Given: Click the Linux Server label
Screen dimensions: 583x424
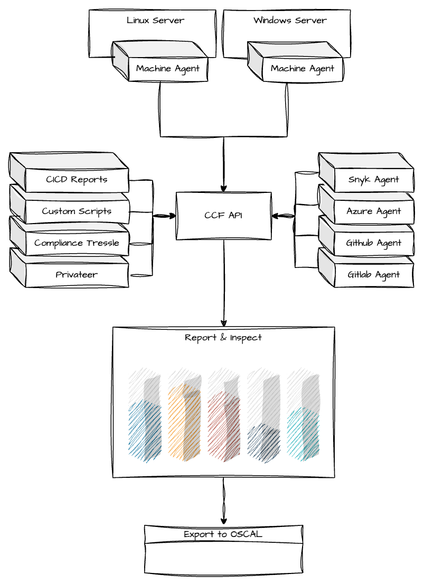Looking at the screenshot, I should [155, 21].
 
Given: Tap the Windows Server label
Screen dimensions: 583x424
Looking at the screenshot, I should [290, 21].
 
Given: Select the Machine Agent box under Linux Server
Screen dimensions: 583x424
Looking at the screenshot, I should [167, 68].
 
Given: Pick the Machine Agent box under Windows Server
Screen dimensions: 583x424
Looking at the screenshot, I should [302, 68].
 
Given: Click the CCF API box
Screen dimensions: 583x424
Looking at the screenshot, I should [223, 215].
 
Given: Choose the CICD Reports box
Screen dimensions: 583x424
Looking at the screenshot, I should [77, 179].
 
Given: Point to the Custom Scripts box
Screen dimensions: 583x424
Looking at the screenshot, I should [77, 211].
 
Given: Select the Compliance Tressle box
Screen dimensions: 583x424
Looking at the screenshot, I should [77, 243].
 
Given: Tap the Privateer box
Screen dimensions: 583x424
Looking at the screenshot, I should [77, 274].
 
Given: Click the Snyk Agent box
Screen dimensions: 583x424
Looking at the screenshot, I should [373, 179].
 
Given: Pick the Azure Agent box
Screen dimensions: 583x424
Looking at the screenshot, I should [373, 211].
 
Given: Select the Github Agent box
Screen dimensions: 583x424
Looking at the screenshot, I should [373, 243].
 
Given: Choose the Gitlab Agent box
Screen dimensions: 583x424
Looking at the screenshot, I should [373, 274].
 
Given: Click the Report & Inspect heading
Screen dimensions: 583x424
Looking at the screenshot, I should [223, 337].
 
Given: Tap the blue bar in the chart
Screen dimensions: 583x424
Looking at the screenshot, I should [145, 431].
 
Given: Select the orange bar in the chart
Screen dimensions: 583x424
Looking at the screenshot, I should [184, 423].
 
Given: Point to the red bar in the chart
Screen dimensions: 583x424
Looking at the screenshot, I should [224, 428].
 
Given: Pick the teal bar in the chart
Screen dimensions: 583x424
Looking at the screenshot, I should [303, 433].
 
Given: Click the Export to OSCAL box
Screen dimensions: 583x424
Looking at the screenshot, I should [223, 534].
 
